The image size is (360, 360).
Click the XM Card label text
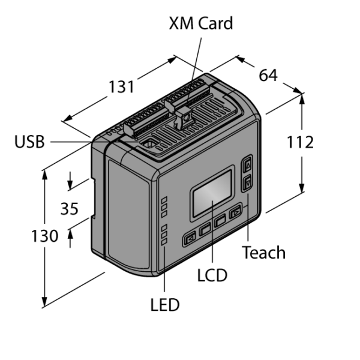[201, 23]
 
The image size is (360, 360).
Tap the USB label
[29, 142]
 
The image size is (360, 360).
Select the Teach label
[264, 253]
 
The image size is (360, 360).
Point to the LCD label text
[212, 275]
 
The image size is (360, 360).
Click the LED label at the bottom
[165, 304]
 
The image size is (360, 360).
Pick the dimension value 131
[121, 87]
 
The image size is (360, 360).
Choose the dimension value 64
[268, 75]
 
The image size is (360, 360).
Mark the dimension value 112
[300, 142]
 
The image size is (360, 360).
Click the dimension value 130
[45, 236]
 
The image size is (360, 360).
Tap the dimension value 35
[70, 209]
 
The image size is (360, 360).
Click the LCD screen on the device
[212, 193]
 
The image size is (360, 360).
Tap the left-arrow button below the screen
[190, 239]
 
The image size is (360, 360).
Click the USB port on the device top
[149, 143]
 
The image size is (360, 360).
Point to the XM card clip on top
[183, 119]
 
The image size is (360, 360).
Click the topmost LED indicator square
[164, 200]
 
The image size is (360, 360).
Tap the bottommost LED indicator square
[164, 242]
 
